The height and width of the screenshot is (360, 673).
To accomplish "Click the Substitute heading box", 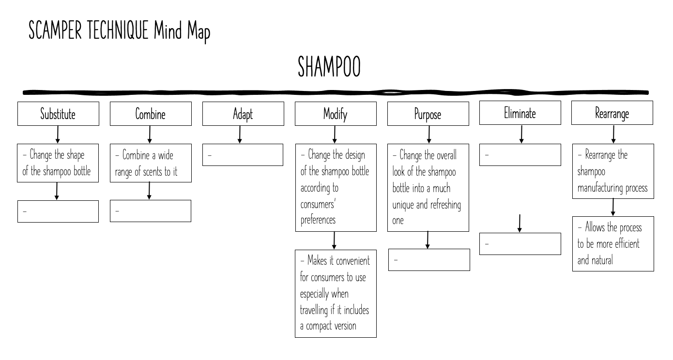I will pyautogui.click(x=58, y=114).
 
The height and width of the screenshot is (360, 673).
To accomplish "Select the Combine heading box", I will pyautogui.click(x=151, y=114).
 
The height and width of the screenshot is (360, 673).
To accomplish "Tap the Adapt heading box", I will pyautogui.click(x=243, y=114).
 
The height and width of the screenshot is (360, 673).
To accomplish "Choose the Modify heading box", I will pyautogui.click(x=336, y=114).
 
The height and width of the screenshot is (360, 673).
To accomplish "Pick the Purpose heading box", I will pyautogui.click(x=428, y=114).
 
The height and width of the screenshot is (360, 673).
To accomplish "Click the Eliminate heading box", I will pyautogui.click(x=520, y=113).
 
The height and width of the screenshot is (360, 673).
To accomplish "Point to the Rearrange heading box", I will pyautogui.click(x=612, y=113).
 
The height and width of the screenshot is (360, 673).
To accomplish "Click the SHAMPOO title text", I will pyautogui.click(x=329, y=67).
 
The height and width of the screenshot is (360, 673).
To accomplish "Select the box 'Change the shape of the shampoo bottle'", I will pyautogui.click(x=58, y=163).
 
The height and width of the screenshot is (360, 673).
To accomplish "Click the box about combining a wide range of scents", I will pyautogui.click(x=151, y=163).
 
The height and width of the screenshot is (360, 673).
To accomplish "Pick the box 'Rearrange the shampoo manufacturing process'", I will pyautogui.click(x=613, y=171).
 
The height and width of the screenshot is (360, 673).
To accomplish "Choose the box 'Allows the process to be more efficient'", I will pyautogui.click(x=613, y=244).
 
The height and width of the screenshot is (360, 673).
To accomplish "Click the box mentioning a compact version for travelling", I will pyautogui.click(x=336, y=293).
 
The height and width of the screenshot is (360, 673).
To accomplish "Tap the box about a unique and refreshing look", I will pyautogui.click(x=428, y=188).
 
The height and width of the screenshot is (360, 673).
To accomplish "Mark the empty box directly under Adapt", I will pyautogui.click(x=243, y=155).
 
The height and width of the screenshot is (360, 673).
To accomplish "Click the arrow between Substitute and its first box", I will pyautogui.click(x=58, y=135).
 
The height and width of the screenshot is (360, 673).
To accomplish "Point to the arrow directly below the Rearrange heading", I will pyautogui.click(x=613, y=134).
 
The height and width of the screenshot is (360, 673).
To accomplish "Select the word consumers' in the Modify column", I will pyautogui.click(x=319, y=204).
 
